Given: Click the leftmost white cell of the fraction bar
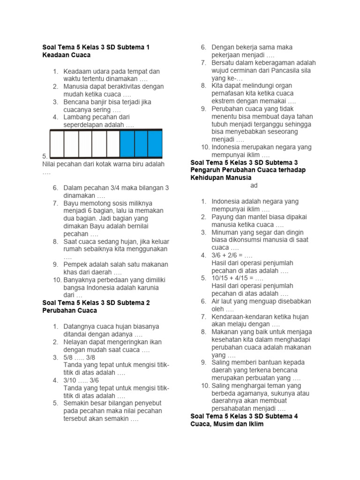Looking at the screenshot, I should coord(57,143).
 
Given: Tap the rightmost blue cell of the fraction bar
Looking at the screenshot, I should coord(155,143).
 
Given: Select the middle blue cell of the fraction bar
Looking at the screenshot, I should coord(141,143).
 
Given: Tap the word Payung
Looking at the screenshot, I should coord(223,217).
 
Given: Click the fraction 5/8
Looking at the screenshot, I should coord(69,357).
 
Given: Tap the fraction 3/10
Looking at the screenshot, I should coord(71,380).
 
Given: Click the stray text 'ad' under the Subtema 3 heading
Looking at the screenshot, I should coord(254,186).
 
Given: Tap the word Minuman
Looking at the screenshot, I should coord(225,232).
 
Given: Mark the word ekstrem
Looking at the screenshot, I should coord(223,101).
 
